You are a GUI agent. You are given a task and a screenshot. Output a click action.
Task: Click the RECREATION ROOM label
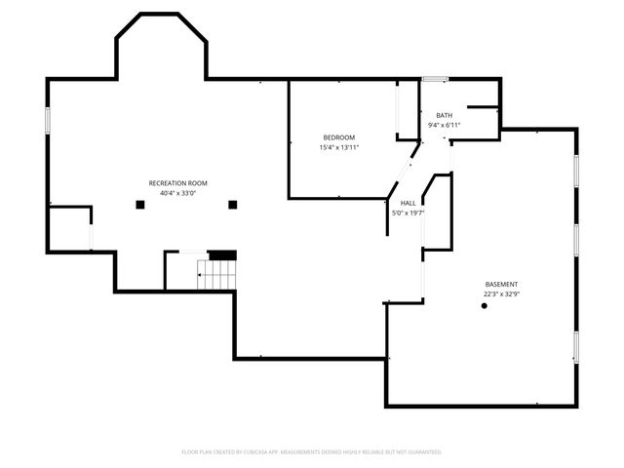pos(177,183)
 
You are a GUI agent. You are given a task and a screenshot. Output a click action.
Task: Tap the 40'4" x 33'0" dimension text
pos(177,193)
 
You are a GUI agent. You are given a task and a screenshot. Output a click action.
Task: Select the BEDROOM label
pos(339,136)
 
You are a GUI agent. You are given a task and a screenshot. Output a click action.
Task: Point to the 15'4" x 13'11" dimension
pos(339,147)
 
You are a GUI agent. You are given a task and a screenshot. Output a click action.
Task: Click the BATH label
pos(444,115)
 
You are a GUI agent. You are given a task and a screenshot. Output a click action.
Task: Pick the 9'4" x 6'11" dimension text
pos(444,125)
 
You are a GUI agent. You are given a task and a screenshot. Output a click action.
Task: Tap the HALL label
pos(408,203)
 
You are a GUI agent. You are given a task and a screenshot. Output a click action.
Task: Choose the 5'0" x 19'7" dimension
pos(408,213)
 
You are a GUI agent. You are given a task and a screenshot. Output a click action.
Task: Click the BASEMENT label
pos(503,284)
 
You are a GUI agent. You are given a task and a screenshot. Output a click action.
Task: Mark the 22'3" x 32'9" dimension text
pos(503,293)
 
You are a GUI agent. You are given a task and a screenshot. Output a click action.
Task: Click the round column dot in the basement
pos(485,306)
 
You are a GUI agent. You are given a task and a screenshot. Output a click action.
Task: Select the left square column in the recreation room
pos(137,204)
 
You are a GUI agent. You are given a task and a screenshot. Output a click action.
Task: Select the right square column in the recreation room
pos(232,204)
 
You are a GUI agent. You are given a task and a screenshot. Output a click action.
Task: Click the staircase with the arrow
pos(216,275)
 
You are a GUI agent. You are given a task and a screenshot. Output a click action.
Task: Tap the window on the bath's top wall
pos(435,79)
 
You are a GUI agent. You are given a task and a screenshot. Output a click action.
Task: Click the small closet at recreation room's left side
pos(69,229)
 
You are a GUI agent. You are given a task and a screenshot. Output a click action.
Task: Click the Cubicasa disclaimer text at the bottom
pos(312,452)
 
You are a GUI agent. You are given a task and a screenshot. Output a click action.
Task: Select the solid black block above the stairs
pos(222,254)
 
